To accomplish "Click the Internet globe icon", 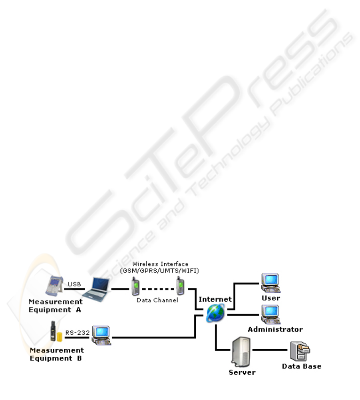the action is coord(215,313).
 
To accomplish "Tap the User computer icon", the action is coord(270,283).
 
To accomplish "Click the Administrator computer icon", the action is coord(270,315).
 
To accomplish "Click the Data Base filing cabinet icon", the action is coord(300,351).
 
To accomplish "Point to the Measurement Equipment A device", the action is coord(54,286).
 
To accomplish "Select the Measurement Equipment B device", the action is coord(56,331).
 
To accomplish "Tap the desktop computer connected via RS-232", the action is coord(101,335).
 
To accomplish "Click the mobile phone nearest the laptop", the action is coord(135,286).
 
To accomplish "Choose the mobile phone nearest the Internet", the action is coord(180,286).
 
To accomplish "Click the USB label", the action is coord(74,284).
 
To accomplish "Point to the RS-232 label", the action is coord(78,333).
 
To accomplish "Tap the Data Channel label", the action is coord(157,300).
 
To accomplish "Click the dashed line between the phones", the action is coord(158,289).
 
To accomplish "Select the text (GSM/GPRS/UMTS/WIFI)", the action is coord(159,271).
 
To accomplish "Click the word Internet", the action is coord(215,299).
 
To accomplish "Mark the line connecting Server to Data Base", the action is coord(270,350).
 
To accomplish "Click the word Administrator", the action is coord(275,329).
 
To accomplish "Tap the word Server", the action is coord(242,372).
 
